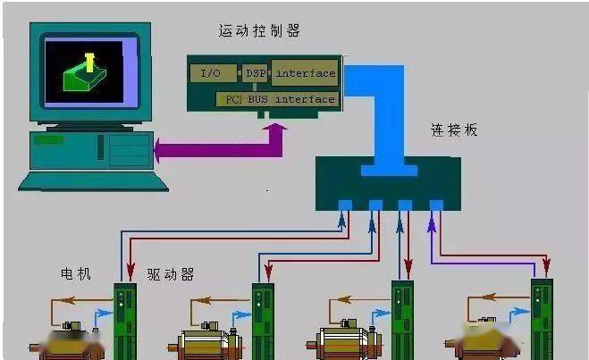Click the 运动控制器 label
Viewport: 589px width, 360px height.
pyautogui.click(x=259, y=30)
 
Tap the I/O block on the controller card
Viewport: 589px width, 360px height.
pyautogui.click(x=213, y=73)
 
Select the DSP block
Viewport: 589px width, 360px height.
pyautogui.click(x=255, y=73)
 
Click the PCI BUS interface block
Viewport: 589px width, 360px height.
pyautogui.click(x=277, y=99)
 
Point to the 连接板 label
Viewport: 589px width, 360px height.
pyautogui.click(x=454, y=130)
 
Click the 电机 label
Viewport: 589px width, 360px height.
pyautogui.click(x=76, y=273)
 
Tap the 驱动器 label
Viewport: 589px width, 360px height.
pyautogui.click(x=171, y=275)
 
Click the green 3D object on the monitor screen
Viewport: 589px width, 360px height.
pyautogui.click(x=85, y=76)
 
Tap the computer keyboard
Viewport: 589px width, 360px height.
pyautogui.click(x=93, y=181)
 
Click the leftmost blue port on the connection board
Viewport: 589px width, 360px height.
pyautogui.click(x=345, y=205)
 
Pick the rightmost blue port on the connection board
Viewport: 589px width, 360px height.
pyautogui.click(x=436, y=205)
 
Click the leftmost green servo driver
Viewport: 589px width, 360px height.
pyautogui.click(x=125, y=321)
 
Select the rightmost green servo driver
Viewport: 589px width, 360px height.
pyautogui.click(x=542, y=319)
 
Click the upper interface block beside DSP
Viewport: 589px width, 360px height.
pyautogui.click(x=305, y=72)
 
